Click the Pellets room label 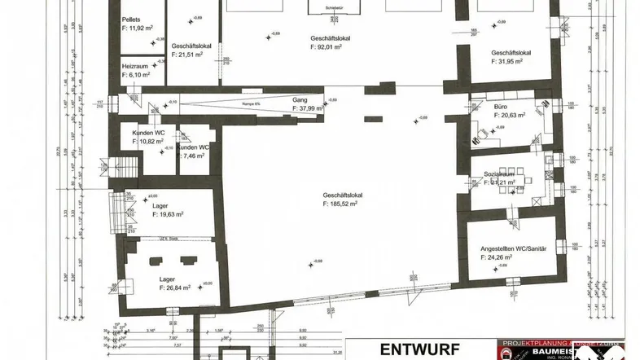pos(131,19)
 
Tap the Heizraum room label pos(134,65)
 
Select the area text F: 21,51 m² pos(195,55)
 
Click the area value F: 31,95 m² pos(511,64)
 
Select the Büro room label pos(501,107)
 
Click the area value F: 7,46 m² pos(195,155)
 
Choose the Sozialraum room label pos(499,174)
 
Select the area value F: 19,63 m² pos(168,214)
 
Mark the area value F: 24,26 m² pos(500,257)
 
